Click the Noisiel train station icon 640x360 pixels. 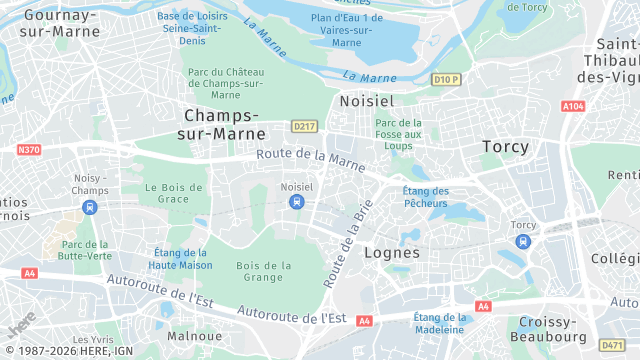pos(296,202)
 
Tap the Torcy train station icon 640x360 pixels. pos(523,241)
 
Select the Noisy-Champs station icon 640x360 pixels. pos(90,207)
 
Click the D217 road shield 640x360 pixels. pos(304,127)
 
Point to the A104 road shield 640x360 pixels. pos(573,106)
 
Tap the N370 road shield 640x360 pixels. pos(29,149)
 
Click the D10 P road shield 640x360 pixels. pos(446,79)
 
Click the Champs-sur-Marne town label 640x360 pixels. pos(223,124)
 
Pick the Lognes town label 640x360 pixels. pos(392,253)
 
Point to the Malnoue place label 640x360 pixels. pos(194,336)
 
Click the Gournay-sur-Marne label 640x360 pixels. pos(59,24)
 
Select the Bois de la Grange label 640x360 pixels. pos(264,271)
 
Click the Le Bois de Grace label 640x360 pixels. pos(167,192)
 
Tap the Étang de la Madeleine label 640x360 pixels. pos(439,323)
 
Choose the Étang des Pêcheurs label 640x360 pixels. pos(425,197)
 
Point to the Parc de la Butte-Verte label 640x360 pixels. pos(85,250)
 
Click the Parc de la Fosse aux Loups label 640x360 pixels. pos(398,134)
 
